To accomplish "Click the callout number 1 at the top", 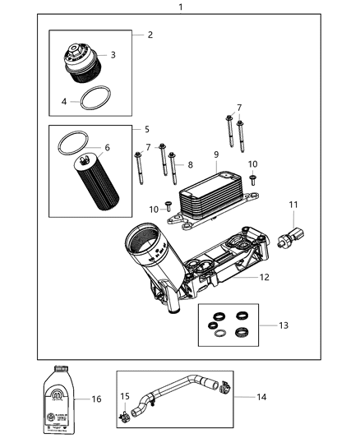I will (x=180, y=7).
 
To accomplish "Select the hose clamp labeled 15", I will (x=125, y=417).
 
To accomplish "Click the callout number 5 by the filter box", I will (x=146, y=129).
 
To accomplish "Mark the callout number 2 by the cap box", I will (x=150, y=35).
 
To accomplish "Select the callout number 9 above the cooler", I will (x=215, y=154).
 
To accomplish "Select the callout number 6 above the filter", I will (x=106, y=148).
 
